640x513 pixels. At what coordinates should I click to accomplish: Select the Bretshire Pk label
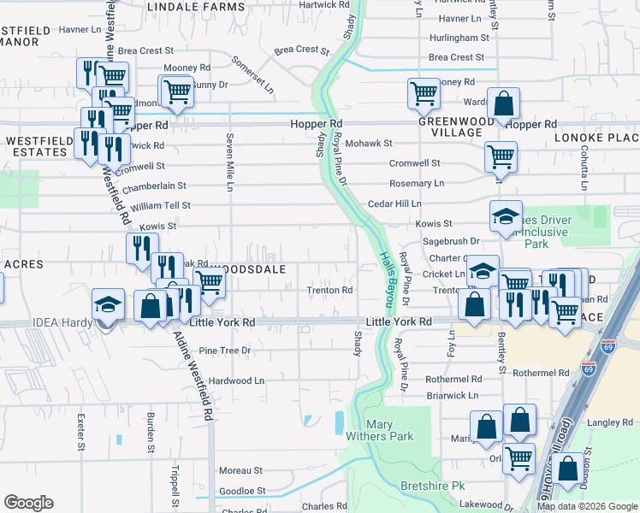pos(432,486)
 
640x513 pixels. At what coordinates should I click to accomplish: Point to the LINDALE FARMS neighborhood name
pos(196,6)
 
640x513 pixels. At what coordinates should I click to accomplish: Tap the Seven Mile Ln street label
pos(230,161)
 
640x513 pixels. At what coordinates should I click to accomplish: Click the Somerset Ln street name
pos(253,74)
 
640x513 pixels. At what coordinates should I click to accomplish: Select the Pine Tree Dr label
pos(224,351)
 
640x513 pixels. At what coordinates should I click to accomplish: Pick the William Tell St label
pos(161,206)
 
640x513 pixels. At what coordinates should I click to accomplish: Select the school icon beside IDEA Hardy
pos(109,305)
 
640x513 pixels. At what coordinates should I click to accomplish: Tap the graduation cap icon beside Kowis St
pos(506,216)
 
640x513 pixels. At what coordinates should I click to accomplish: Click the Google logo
pos(28,503)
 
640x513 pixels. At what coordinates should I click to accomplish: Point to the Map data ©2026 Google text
pos(586,506)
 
